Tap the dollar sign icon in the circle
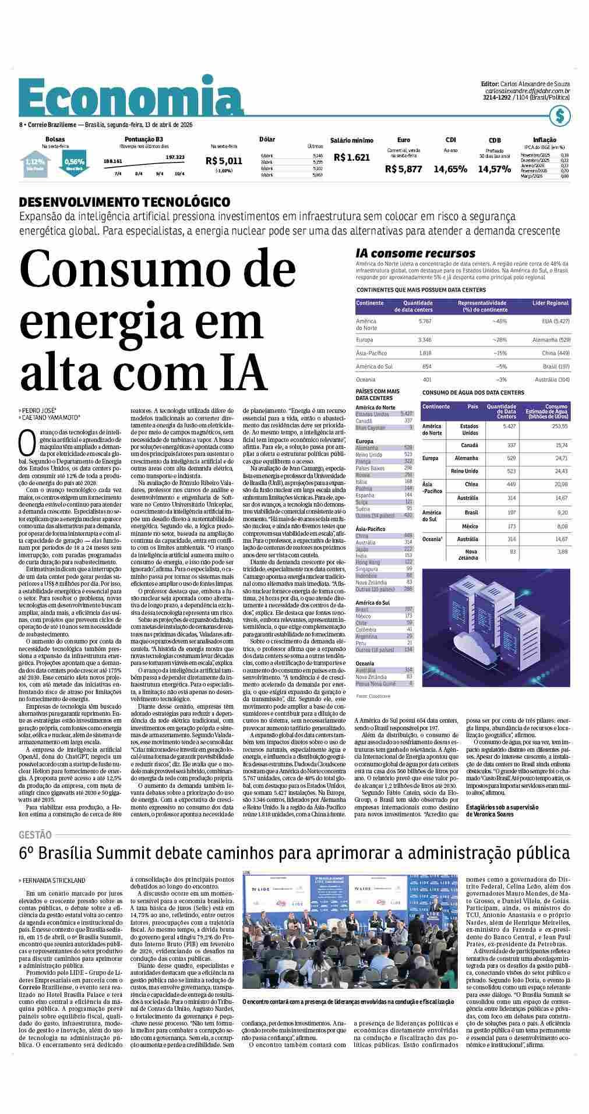click(x=560, y=116)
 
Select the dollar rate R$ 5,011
click(x=224, y=161)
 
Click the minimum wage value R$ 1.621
click(x=352, y=157)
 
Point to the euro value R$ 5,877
click(x=403, y=169)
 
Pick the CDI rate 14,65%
click(x=450, y=169)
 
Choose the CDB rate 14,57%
click(x=495, y=169)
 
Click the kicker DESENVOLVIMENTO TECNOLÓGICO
click(x=125, y=202)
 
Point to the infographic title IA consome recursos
click(x=415, y=253)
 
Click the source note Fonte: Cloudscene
click(x=373, y=696)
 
